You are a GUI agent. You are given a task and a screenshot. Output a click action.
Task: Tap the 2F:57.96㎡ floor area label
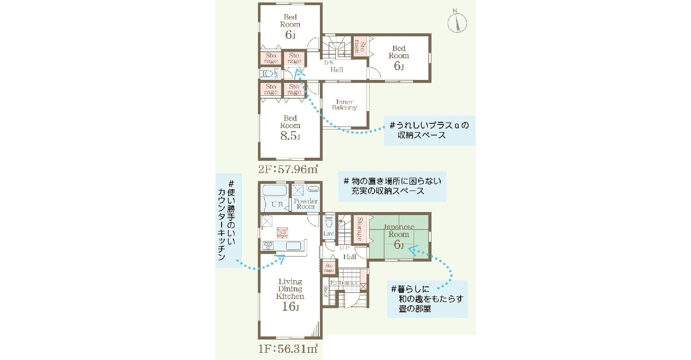pyautogui.click(x=289, y=168)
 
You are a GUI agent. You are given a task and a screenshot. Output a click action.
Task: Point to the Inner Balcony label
pyautogui.click(x=344, y=105)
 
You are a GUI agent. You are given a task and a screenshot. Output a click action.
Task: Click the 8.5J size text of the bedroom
pyautogui.click(x=290, y=137)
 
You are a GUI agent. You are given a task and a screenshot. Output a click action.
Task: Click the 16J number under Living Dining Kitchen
pyautogui.click(x=290, y=307)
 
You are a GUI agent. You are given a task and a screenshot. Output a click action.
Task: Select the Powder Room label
pyautogui.click(x=306, y=204)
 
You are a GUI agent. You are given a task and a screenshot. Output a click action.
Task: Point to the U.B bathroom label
pyautogui.click(x=276, y=204)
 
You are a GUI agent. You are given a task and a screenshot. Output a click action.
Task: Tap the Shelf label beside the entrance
pyautogui.click(x=326, y=291)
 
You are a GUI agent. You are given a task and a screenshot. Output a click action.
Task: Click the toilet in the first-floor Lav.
pyautogui.click(x=329, y=223)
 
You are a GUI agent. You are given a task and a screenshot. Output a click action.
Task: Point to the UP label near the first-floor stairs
pyautogui.click(x=344, y=248)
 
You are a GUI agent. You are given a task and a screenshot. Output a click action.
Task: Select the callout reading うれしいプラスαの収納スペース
pyautogui.click(x=429, y=130)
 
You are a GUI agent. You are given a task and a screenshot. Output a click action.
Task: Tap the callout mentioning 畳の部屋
pyautogui.click(x=427, y=299)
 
